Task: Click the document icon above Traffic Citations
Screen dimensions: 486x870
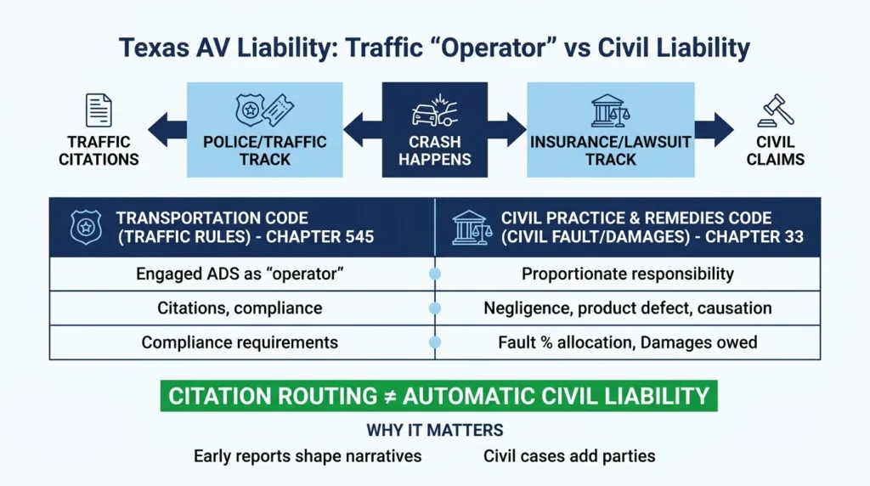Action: tap(99, 111)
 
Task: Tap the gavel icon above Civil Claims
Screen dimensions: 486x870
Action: tap(777, 111)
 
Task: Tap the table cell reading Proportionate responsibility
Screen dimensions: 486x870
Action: tap(628, 274)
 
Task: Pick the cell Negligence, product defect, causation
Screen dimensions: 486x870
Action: tap(628, 308)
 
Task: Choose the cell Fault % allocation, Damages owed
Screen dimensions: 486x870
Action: tap(628, 342)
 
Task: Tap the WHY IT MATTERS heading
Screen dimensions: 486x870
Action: tap(435, 430)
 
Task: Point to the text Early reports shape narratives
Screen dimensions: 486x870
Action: tap(308, 456)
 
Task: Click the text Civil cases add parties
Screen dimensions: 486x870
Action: tap(569, 456)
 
